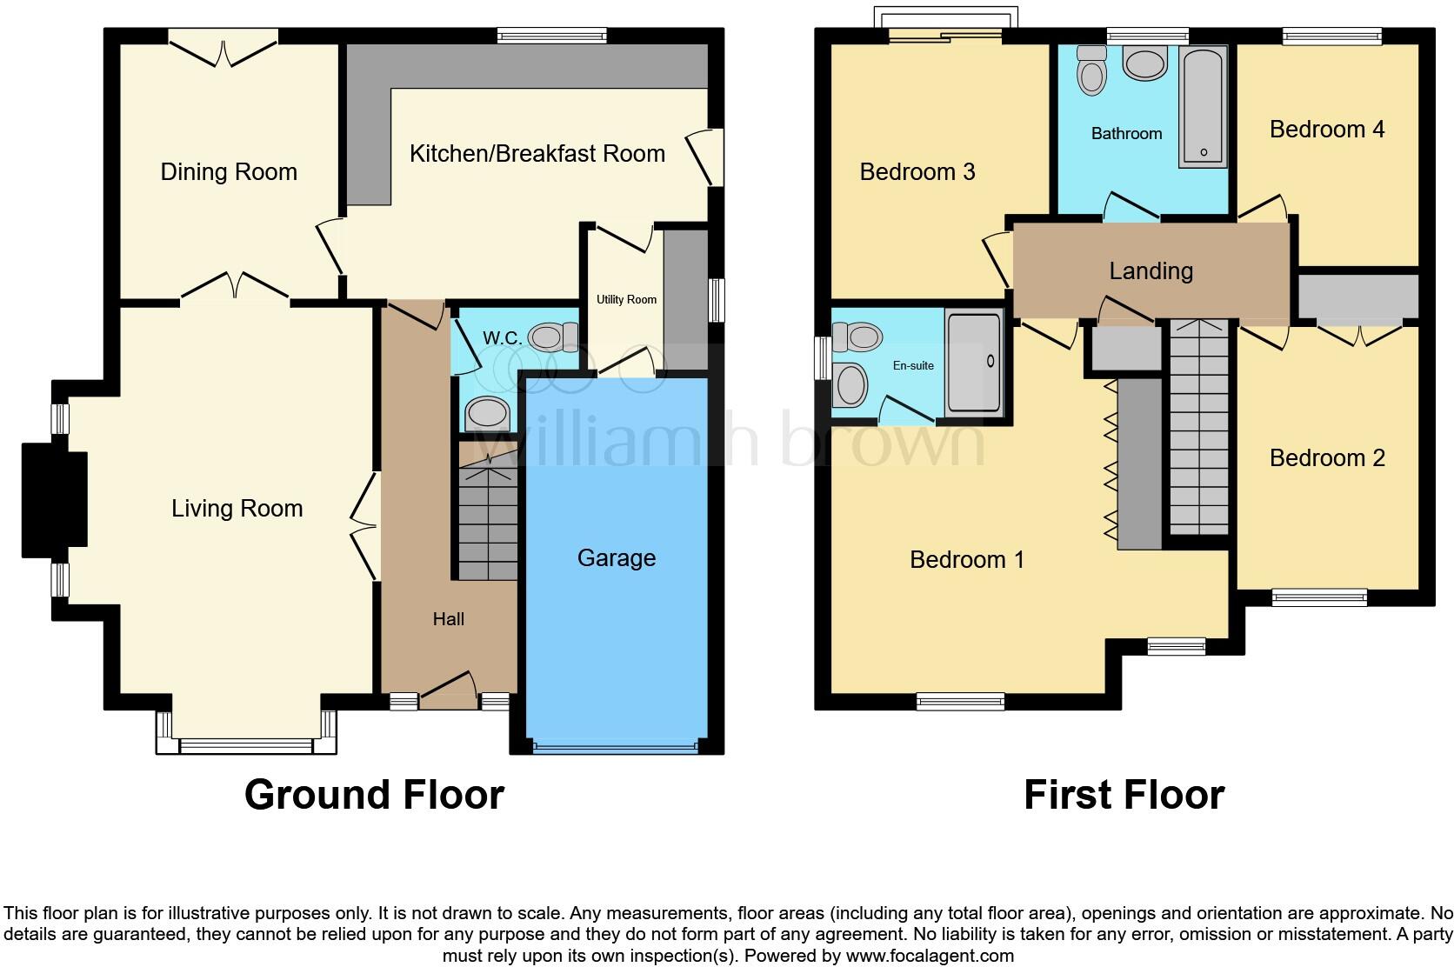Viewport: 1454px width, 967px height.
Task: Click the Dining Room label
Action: [229, 172]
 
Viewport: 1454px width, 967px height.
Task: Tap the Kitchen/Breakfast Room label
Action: [537, 154]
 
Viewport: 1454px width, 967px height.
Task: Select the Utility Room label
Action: [626, 300]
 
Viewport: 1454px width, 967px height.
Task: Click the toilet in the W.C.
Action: [554, 337]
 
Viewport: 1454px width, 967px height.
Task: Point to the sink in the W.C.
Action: [486, 415]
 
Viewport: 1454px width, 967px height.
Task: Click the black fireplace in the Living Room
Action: [54, 499]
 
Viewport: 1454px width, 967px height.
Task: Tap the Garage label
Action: [616, 558]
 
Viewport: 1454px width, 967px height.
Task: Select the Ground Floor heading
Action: [374, 795]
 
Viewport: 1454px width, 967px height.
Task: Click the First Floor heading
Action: [1124, 795]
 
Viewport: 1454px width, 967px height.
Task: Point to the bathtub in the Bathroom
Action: [1203, 108]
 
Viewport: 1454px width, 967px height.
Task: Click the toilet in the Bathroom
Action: [1090, 68]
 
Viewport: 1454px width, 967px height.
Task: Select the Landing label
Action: [1151, 271]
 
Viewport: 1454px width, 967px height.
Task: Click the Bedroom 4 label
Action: [1326, 130]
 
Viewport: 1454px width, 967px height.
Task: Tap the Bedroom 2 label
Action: [1326, 458]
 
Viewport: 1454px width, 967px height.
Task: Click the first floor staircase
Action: [1199, 426]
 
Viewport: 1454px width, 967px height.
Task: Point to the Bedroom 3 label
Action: [917, 172]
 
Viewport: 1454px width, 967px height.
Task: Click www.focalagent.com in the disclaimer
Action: [929, 956]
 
